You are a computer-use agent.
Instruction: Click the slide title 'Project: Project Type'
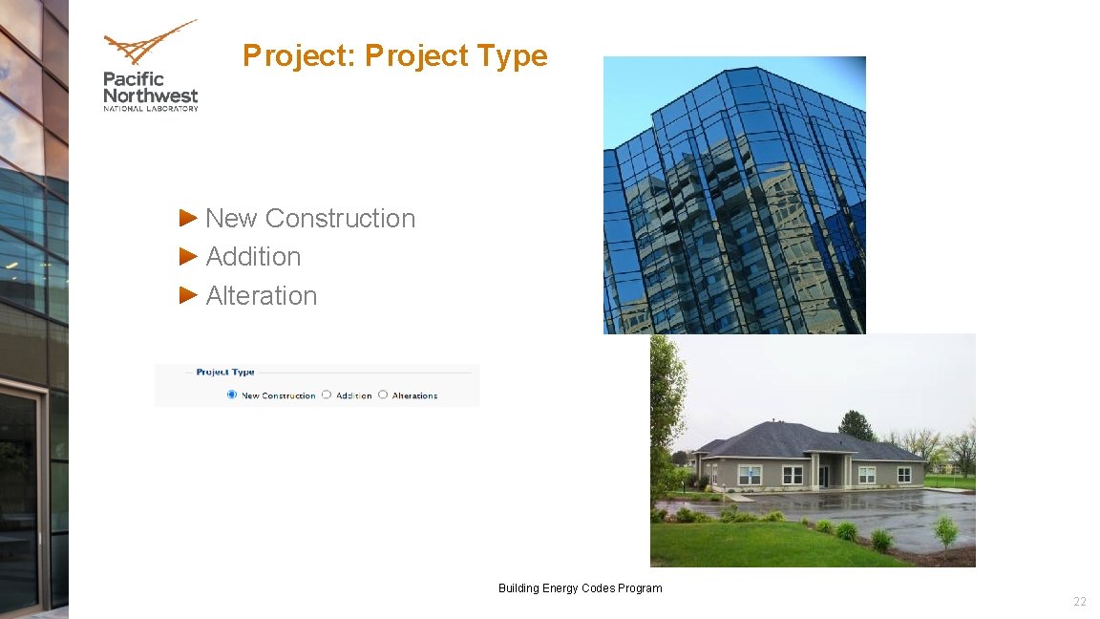[x=394, y=55]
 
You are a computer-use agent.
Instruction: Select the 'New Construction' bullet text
[x=310, y=218]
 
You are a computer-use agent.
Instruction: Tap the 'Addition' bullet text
[x=253, y=257]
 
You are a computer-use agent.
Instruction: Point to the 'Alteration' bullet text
[x=261, y=296]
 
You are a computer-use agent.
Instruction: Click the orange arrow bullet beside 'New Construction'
[x=188, y=218]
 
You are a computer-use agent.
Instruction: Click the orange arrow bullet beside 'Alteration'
[x=188, y=295]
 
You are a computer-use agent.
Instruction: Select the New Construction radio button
[x=231, y=395]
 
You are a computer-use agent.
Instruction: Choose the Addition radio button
[x=327, y=395]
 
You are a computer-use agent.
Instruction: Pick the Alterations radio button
[x=383, y=395]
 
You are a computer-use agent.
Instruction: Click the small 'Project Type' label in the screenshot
[x=225, y=372]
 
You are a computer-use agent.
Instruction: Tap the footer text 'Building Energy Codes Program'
[x=580, y=588]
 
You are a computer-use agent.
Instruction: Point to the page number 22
[x=1079, y=602]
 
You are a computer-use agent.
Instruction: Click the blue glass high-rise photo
[x=733, y=195]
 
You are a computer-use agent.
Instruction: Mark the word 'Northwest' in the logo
[x=150, y=96]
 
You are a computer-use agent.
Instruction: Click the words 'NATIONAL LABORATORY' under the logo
[x=150, y=109]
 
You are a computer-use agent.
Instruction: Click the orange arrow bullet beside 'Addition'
[x=188, y=256]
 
